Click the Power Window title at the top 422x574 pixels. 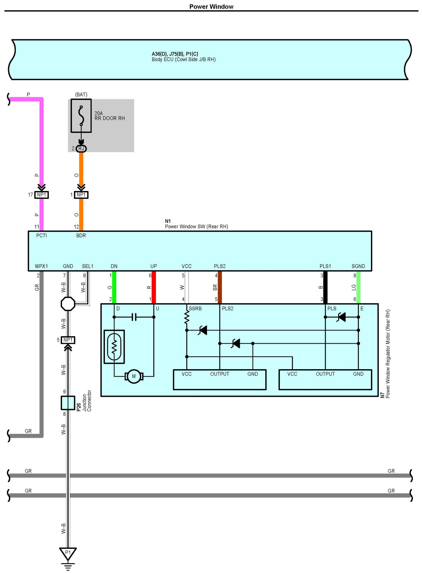pyautogui.click(x=211, y=7)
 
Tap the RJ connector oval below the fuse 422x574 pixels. pyautogui.click(x=81, y=148)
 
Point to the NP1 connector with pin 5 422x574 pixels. pyautogui.click(x=68, y=340)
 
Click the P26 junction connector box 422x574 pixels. pyautogui.click(x=68, y=403)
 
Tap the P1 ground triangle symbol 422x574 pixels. pyautogui.click(x=68, y=554)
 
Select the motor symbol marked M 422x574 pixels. pyautogui.click(x=134, y=376)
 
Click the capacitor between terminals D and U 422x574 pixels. pyautogui.click(x=134, y=317)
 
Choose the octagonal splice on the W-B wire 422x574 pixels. pyautogui.click(x=68, y=304)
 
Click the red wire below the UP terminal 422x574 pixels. pyautogui.click(x=154, y=287)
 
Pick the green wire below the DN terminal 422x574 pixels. pyautogui.click(x=114, y=287)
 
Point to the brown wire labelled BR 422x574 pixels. pyautogui.click(x=220, y=287)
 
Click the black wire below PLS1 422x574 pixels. pyautogui.click(x=325, y=287)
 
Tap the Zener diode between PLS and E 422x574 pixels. pyautogui.click(x=341, y=317)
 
